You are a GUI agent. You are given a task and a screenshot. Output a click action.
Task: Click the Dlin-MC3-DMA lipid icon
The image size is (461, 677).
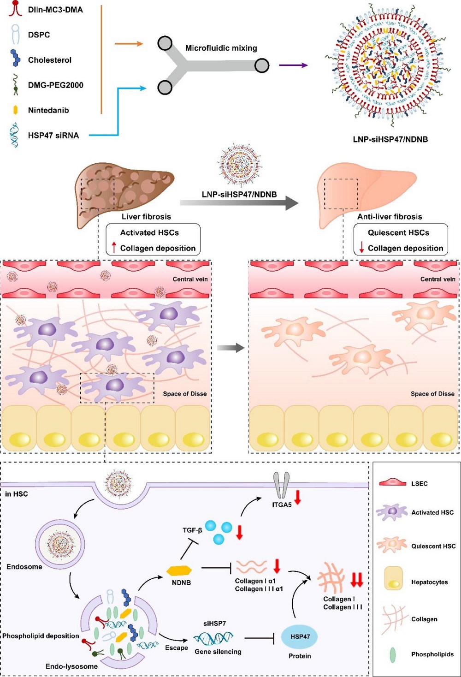tap(15, 8)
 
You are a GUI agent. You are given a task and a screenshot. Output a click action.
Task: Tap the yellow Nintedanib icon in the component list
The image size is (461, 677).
tap(15, 110)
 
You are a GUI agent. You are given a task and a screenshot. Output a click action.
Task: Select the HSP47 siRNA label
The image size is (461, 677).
tap(53, 136)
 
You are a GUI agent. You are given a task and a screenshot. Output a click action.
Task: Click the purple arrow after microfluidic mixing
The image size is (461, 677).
tap(293, 65)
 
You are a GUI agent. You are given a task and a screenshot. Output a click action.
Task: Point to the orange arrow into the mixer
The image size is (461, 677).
tap(129, 44)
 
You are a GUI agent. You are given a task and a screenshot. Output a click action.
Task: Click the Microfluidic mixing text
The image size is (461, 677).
tap(221, 48)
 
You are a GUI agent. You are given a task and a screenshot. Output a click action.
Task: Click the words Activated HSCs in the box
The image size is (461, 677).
tap(149, 232)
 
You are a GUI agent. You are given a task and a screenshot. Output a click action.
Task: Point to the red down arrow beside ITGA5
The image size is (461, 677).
tap(298, 497)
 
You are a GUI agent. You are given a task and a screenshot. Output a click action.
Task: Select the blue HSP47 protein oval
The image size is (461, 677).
tap(300, 636)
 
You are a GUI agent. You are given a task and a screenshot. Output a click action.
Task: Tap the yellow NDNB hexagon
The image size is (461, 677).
tap(179, 570)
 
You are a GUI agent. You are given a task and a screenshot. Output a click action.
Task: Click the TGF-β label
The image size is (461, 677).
tap(192, 530)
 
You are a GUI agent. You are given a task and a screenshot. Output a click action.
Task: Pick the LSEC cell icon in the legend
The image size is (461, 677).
tap(393, 483)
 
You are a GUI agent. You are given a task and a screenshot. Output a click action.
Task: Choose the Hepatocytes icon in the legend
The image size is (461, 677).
tap(393, 579)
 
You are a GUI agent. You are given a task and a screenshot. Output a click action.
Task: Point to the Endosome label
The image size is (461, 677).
tap(24, 567)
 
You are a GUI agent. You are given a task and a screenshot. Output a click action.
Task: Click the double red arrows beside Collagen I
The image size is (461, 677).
tap(356, 580)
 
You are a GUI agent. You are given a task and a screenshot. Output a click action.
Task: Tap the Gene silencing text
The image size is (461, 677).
tap(218, 652)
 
